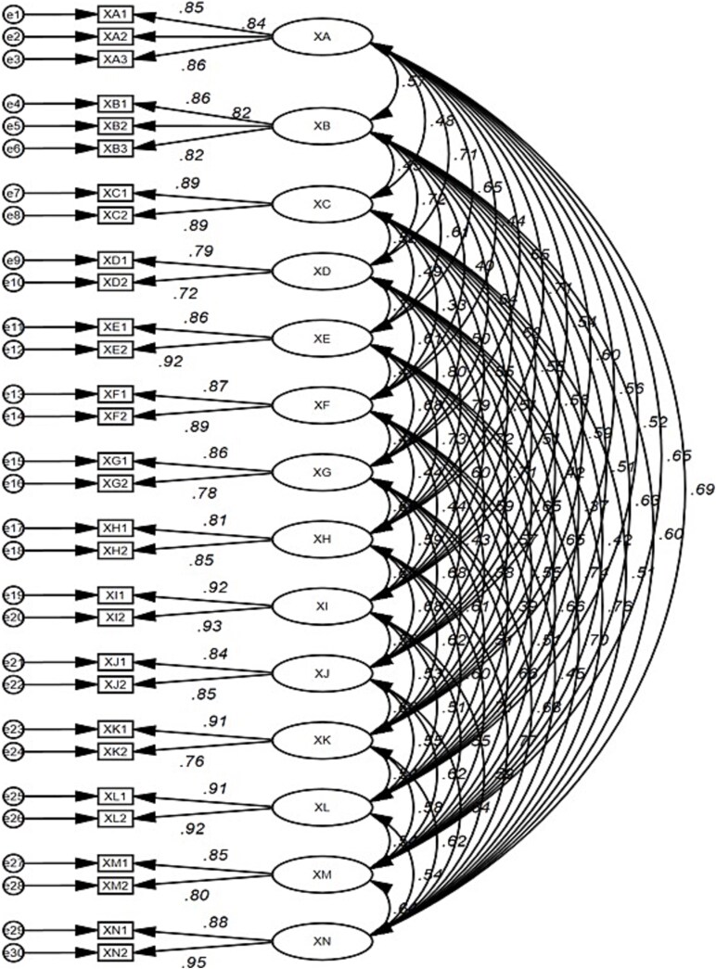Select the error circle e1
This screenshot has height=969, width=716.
pyautogui.click(x=13, y=16)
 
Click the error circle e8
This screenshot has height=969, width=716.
pyautogui.click(x=13, y=215)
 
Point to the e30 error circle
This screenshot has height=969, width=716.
pyautogui.click(x=13, y=951)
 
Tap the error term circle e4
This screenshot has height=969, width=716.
pyautogui.click(x=13, y=105)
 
